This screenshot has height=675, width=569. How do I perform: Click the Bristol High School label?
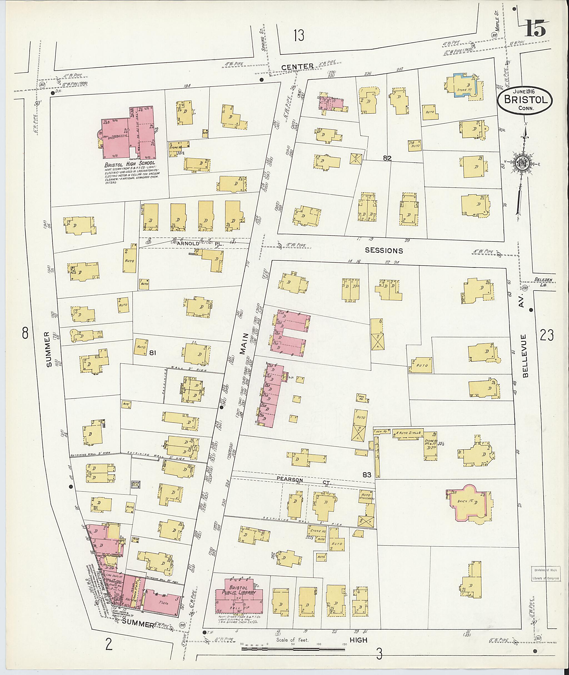coord(130,164)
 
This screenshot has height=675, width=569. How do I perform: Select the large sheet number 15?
coord(535,29)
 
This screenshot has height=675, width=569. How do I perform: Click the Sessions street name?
coord(384,250)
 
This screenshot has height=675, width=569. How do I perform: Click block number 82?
coord(387,158)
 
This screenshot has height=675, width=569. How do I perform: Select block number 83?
coord(367,475)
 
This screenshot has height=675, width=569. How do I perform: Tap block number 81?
coord(153,353)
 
